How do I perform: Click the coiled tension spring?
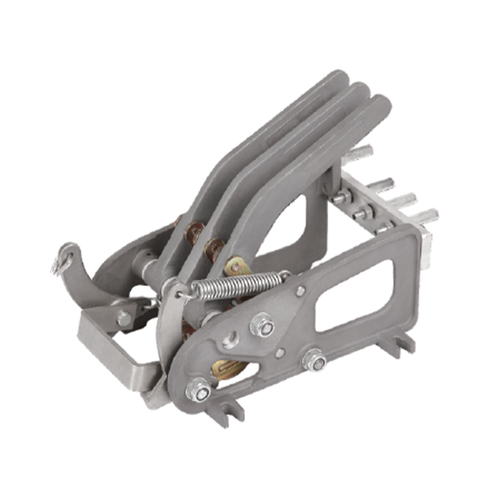[236, 283]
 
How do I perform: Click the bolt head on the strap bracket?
[123, 318]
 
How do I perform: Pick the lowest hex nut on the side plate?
[198, 390]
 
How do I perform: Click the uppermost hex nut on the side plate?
[263, 325]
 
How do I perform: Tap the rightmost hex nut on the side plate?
[315, 361]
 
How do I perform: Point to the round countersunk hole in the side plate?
[231, 339]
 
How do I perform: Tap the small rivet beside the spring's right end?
[300, 291]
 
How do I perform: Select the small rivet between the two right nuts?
[280, 352]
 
